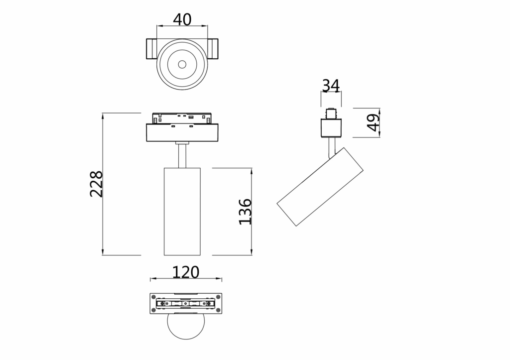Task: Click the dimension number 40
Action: tap(182, 19)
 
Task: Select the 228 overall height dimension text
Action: tap(97, 184)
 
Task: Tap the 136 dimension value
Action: tap(245, 211)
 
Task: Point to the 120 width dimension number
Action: tap(186, 272)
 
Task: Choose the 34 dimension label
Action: tap(331, 86)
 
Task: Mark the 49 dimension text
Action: tap(373, 122)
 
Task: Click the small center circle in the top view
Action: tap(182, 64)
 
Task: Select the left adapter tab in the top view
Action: tap(151, 49)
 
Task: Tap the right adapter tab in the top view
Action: tap(213, 49)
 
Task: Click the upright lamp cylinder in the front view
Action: tap(182, 212)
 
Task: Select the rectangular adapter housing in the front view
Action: tap(182, 133)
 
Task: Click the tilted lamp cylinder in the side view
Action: tap(320, 186)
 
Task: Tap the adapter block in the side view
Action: tap(331, 127)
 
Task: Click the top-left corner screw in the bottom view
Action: tap(154, 297)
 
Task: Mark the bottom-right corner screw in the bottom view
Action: tap(218, 311)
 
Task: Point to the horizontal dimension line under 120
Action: tap(186, 280)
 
